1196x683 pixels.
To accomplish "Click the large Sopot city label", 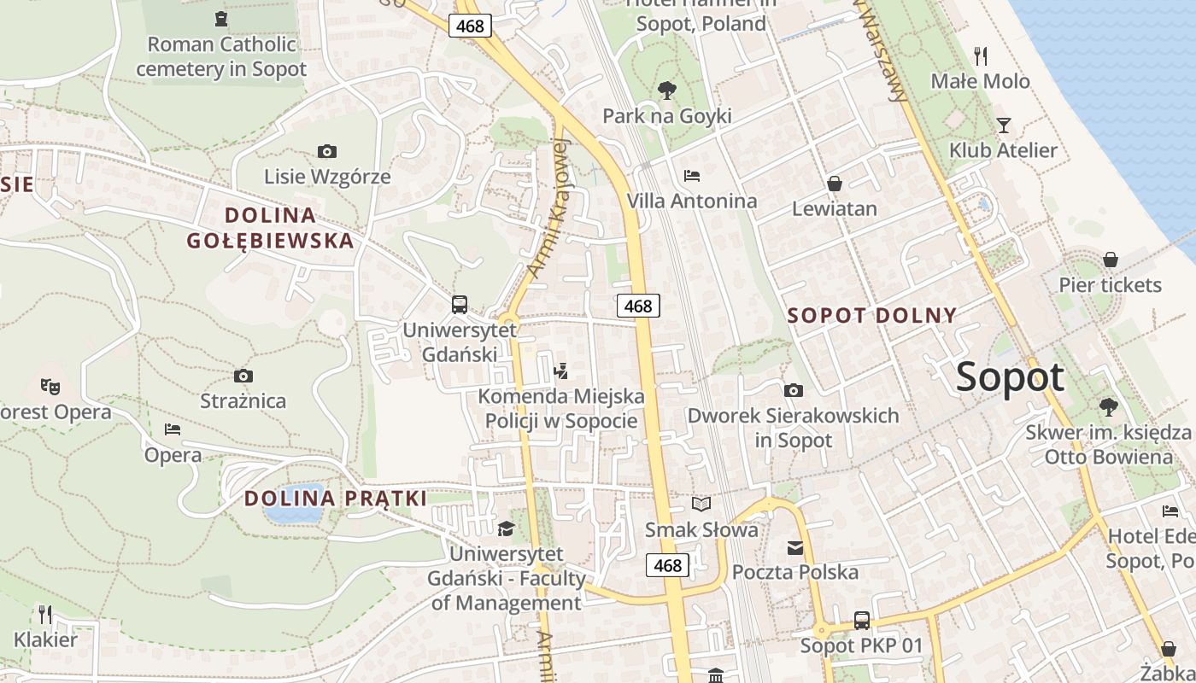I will pos(1010,377).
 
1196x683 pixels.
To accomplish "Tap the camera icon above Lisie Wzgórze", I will pos(326,151).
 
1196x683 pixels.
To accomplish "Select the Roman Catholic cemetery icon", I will pos(221,18).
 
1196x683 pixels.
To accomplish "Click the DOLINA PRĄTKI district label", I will pos(336,499).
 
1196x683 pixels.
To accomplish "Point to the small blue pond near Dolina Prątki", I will pos(293,505).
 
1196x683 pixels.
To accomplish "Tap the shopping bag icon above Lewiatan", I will pos(834,184).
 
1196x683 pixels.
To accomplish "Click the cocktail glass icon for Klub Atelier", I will pos(1004,126).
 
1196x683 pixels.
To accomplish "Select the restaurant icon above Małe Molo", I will pos(981,56).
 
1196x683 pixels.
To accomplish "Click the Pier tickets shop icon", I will pos(1111,260).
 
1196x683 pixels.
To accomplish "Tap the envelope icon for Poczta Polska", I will pos(795,547).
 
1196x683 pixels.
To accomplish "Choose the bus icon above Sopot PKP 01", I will pos(861,621).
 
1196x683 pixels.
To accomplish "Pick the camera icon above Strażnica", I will pos(243,376).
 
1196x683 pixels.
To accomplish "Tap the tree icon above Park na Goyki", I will pos(666,90).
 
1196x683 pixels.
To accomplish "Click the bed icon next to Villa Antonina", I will pos(692,176).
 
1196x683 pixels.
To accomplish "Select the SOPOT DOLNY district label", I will pos(871,315).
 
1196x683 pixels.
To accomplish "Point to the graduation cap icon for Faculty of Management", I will pos(506,529).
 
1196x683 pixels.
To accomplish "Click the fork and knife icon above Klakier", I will pos(45,614).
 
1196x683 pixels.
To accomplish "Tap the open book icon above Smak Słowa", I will pos(701,505).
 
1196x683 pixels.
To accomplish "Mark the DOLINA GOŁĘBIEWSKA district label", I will pos(270,227).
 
